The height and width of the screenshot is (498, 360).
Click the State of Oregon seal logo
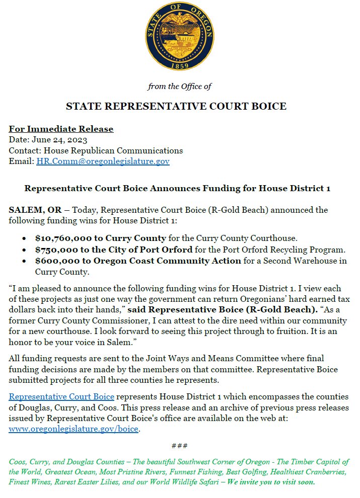(x=180, y=37)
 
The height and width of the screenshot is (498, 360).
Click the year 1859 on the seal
(x=180, y=66)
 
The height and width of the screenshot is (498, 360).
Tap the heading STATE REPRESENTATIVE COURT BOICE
(x=176, y=106)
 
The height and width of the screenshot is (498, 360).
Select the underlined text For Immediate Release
(x=61, y=129)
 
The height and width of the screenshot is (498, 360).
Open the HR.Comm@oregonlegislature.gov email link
(x=103, y=161)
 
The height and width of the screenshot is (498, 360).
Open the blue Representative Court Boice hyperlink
(x=61, y=397)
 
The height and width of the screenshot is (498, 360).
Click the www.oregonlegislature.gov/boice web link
(x=74, y=430)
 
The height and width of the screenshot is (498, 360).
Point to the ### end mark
(x=180, y=446)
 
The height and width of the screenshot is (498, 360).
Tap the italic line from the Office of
(x=180, y=87)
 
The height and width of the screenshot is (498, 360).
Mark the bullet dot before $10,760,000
(x=25, y=239)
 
